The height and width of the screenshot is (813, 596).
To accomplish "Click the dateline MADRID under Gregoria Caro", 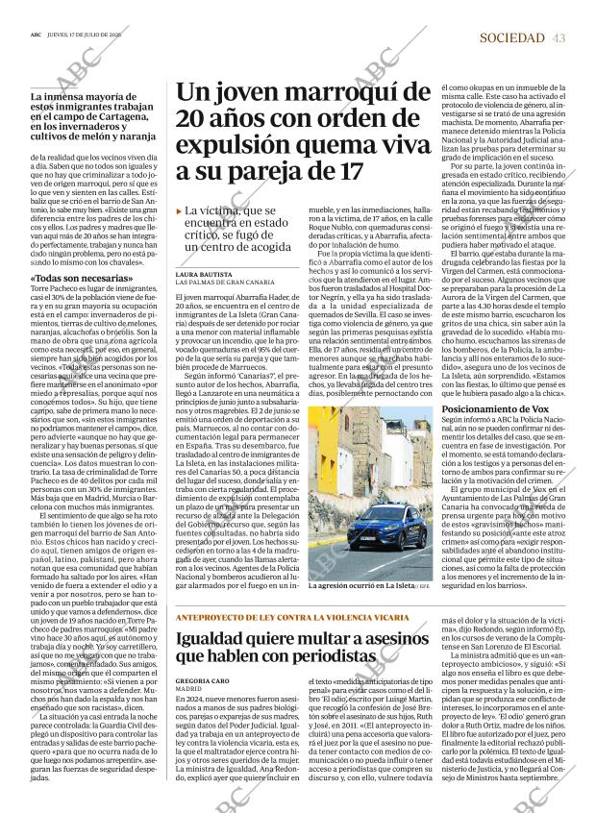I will [189, 688].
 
